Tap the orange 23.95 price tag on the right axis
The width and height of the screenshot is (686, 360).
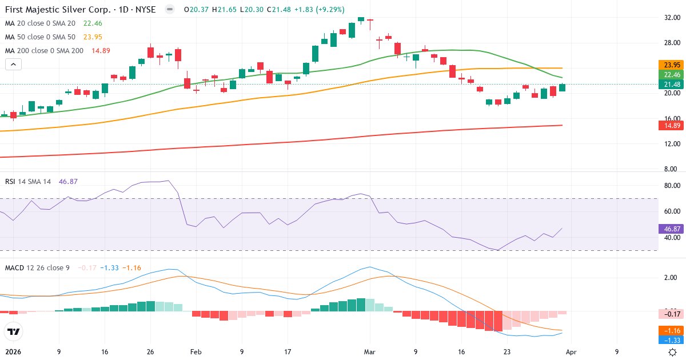coord(669,65)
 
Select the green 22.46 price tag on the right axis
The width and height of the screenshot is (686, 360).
coord(669,74)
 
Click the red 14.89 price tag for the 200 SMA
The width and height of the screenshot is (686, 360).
coord(669,126)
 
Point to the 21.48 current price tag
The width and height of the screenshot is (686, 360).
coord(669,84)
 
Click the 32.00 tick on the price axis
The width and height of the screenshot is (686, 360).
coord(669,18)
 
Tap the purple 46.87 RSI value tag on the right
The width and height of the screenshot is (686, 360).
coord(669,229)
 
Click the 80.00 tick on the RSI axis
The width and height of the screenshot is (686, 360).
coord(669,186)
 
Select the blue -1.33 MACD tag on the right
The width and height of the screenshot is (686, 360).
coord(669,340)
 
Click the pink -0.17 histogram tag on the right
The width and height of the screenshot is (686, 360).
coord(669,314)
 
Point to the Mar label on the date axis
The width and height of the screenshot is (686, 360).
coord(370,352)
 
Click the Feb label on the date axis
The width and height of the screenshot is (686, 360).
coord(196,352)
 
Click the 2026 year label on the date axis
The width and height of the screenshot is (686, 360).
coord(13,352)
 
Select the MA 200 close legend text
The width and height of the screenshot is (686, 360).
coord(45,50)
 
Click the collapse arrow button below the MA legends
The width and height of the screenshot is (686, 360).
coord(13,65)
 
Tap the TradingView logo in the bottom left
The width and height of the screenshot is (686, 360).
coord(13,331)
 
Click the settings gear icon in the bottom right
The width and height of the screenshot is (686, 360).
coord(673,352)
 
